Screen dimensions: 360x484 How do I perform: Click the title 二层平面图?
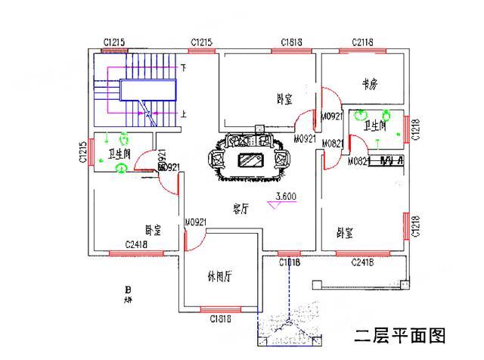pos(401,334)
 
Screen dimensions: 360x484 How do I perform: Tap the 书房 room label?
pos(369,85)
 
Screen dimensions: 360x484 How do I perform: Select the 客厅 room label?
pos(240,209)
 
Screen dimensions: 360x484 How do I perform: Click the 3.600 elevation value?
pos(286,197)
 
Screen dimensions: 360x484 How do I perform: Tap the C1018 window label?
pos(289,262)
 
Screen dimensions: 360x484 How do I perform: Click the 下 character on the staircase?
pos(182,68)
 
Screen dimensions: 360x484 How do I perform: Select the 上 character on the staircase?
pos(182,114)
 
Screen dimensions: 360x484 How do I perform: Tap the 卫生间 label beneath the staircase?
pos(119,154)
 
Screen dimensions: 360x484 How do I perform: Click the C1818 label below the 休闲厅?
pos(221,318)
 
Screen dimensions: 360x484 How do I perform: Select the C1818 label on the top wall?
pos(292,42)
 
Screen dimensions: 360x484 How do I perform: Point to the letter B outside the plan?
pos(129,290)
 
